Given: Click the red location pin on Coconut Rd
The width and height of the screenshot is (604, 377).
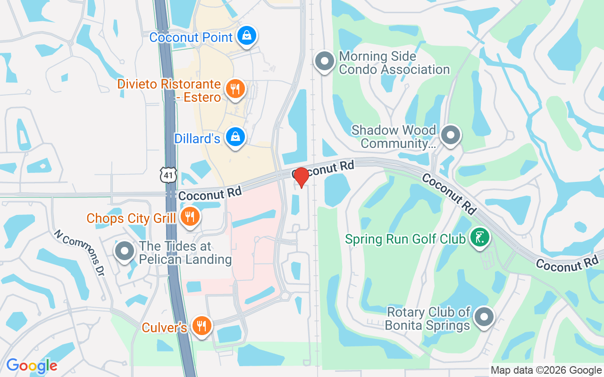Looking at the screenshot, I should pos(301,177).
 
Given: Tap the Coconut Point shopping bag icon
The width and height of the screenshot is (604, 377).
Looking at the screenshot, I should pos(246,36).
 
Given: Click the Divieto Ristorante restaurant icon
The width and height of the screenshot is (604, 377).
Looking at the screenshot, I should pos(235,89).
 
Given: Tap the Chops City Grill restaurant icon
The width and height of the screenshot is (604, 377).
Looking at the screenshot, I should pos(190,217).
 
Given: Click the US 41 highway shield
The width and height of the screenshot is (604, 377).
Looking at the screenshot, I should pos(168,175).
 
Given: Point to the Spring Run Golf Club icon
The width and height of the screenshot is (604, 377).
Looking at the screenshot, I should pos(479,237).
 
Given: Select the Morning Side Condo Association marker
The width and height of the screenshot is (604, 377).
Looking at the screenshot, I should pos(325,62).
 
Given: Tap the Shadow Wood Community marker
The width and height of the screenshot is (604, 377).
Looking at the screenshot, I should pos(450,135).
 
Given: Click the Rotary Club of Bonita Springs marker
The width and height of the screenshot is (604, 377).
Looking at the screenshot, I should pos(484,318).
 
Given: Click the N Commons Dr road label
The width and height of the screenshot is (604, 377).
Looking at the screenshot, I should pos(79,253).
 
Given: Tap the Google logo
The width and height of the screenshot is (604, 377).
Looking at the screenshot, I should pos(32,366).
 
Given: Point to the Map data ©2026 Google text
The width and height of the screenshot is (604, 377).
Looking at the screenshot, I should pos(546,370).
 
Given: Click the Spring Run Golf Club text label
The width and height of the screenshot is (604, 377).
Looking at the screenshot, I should pos(405,239).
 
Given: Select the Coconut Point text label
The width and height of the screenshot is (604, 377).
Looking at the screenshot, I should pos(191,37).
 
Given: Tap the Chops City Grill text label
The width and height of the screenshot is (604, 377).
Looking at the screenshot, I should pos(131,218).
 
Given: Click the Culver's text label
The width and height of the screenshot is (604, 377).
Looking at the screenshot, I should pos(165,327).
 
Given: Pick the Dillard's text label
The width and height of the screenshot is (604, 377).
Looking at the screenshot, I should pos(197,139).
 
